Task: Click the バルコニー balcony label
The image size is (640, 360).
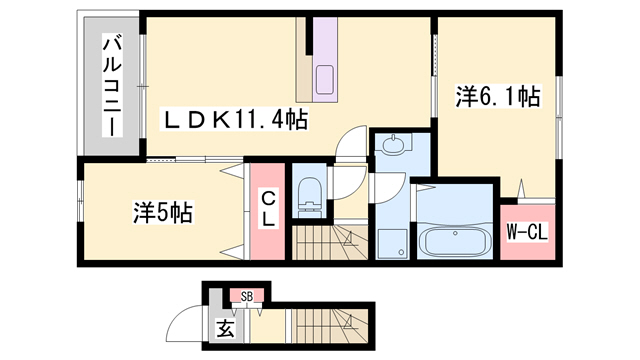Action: tap(113, 84)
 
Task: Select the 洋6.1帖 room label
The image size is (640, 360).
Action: tap(499, 97)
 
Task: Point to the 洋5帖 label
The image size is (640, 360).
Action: tap(164, 213)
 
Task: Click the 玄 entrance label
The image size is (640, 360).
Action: tap(225, 327)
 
